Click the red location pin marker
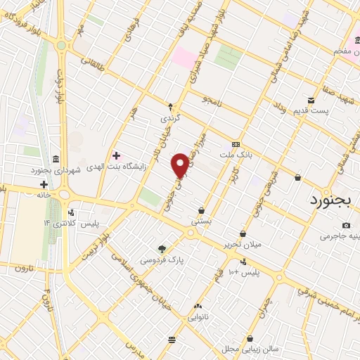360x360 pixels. point(181,166)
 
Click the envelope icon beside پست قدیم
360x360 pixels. point(311,100)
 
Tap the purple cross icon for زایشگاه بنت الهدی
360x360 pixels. point(116,155)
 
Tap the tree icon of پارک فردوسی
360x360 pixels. point(163,248)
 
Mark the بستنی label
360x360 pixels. point(202,221)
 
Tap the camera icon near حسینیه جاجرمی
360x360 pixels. point(346,225)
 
